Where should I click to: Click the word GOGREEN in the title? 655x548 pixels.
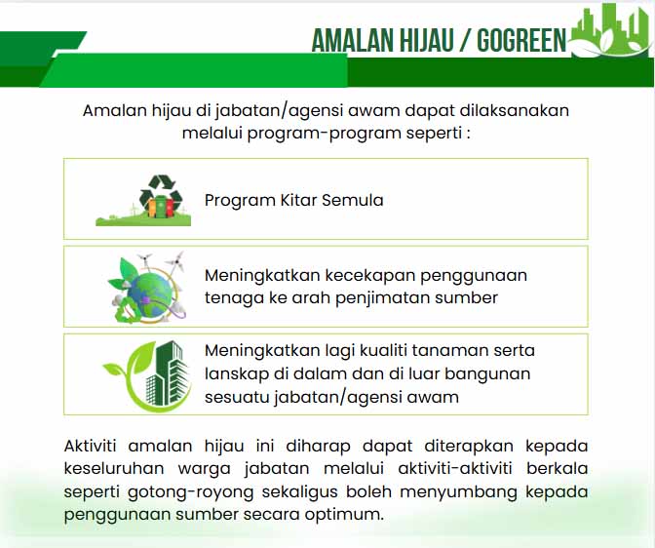521,41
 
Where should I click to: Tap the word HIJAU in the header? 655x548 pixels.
426,41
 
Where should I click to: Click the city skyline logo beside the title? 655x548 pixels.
609,30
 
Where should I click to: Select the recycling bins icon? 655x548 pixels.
143,200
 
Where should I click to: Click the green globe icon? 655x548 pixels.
146,288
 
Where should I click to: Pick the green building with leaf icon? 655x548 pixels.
147,375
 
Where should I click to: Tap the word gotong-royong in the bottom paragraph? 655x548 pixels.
190,492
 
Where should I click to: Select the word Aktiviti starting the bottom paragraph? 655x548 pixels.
90,446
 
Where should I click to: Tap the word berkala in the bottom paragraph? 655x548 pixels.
557,468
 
